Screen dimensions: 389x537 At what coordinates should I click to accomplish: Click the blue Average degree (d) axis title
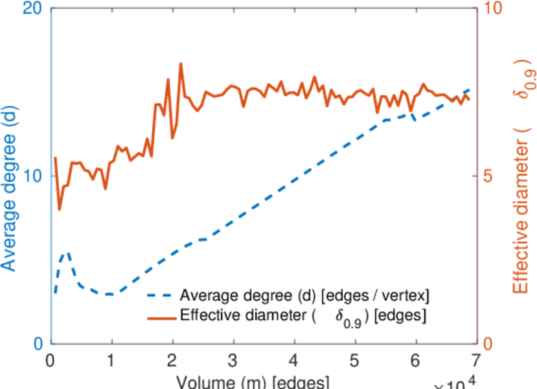pyautogui.click(x=9, y=175)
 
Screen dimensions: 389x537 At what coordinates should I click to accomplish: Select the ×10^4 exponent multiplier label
pyautogui.click(x=456, y=383)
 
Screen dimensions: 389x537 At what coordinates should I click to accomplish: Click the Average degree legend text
pyautogui.click(x=304, y=296)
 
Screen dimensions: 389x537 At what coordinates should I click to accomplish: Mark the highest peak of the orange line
pyautogui.click(x=180, y=64)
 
